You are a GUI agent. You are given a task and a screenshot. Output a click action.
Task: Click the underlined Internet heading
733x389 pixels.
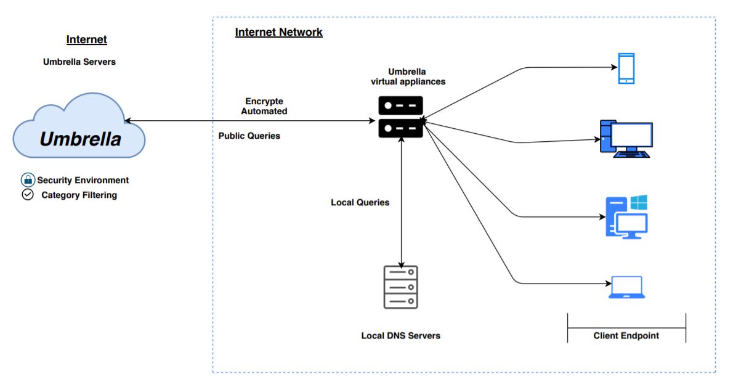click(x=87, y=39)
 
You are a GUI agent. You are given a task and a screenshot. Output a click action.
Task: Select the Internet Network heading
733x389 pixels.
click(x=278, y=32)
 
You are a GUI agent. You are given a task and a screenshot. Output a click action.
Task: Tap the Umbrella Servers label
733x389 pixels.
click(x=79, y=62)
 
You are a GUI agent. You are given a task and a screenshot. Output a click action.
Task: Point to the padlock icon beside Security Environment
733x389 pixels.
click(x=28, y=180)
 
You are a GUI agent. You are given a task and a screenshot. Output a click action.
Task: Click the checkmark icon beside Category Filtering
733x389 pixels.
click(x=28, y=195)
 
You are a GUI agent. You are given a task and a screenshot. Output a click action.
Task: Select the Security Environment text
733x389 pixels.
click(x=83, y=180)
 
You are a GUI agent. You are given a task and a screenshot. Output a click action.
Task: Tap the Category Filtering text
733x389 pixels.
click(x=79, y=195)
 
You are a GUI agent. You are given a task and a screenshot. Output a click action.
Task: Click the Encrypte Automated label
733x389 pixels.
click(x=264, y=106)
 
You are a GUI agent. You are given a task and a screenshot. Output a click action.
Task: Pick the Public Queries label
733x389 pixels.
click(x=249, y=136)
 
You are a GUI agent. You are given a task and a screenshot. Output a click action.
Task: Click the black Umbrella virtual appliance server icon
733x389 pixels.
click(x=400, y=117)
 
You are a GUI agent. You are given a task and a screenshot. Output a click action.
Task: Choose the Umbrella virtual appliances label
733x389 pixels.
click(x=407, y=76)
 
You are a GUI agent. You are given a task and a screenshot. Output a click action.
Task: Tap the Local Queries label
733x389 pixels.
click(x=360, y=202)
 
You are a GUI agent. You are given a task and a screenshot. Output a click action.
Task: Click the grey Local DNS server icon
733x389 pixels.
click(x=400, y=287)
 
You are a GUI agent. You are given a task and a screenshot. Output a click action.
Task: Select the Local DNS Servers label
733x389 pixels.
click(x=400, y=335)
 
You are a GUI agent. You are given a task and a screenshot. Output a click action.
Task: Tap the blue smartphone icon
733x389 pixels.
click(x=626, y=68)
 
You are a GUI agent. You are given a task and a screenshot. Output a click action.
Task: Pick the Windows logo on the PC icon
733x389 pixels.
click(x=638, y=203)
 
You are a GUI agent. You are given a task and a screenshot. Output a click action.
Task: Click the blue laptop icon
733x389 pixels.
click(x=626, y=287)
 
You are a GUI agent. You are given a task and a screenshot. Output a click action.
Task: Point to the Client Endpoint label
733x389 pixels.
click(x=626, y=335)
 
